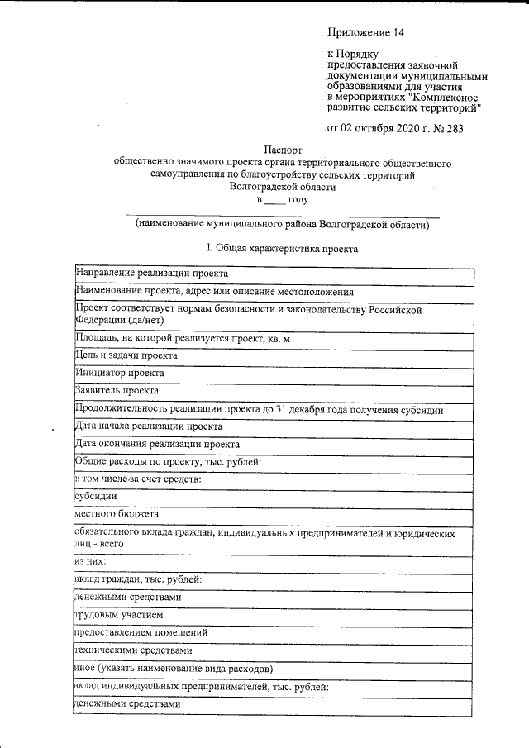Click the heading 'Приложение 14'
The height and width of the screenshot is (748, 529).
point(366,33)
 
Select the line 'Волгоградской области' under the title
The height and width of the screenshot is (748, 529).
point(283,187)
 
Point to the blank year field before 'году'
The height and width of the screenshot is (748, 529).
point(274,200)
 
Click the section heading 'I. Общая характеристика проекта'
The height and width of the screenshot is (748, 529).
point(282,248)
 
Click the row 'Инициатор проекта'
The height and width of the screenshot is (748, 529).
point(119,373)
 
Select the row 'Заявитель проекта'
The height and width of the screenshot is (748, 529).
point(117,391)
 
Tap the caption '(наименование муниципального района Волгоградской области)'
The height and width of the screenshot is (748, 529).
point(283,224)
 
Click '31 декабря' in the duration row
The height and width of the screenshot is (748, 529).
point(326,409)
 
